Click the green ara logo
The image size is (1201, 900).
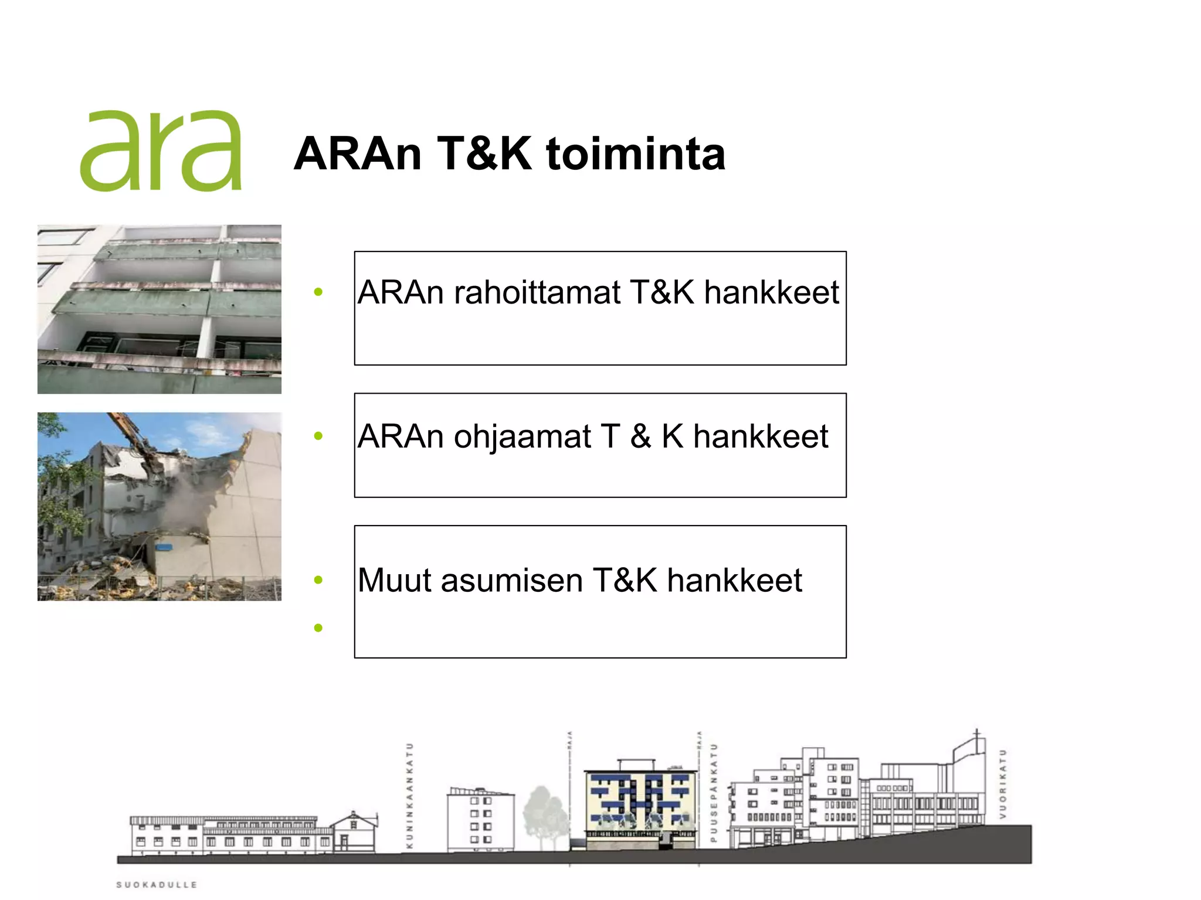point(161,151)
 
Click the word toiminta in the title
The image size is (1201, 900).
point(636,154)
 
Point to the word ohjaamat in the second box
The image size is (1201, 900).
point(522,437)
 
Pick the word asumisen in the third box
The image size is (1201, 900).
point(511,581)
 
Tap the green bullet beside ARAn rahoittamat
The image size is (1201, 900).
point(318,292)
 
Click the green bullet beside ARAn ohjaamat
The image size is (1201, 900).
point(318,436)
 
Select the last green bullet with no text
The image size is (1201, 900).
point(318,628)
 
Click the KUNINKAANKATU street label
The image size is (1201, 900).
point(410,796)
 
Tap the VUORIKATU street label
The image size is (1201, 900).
point(1003,784)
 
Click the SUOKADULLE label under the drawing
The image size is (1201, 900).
point(157,885)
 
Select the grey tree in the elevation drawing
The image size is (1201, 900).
point(544,814)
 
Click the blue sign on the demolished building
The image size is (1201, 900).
point(164,547)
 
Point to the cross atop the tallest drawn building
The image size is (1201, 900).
point(976,734)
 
